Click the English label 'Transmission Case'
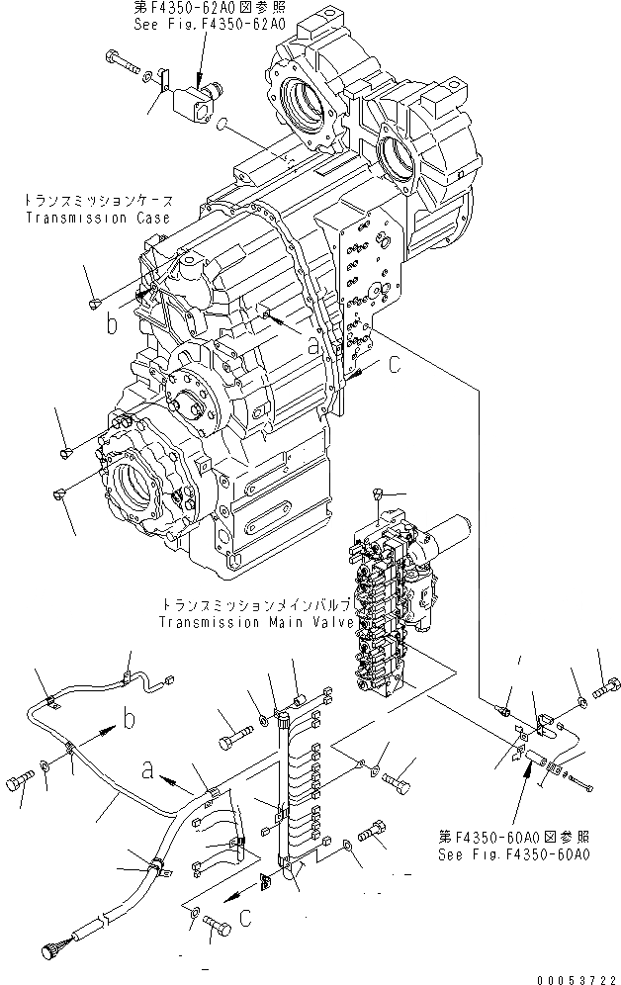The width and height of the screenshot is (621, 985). pos(96,218)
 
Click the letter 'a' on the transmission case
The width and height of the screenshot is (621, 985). pos(313,345)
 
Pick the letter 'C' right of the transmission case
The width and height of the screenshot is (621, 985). pos(394,366)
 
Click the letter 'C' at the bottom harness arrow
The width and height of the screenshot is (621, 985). pos(246,917)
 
